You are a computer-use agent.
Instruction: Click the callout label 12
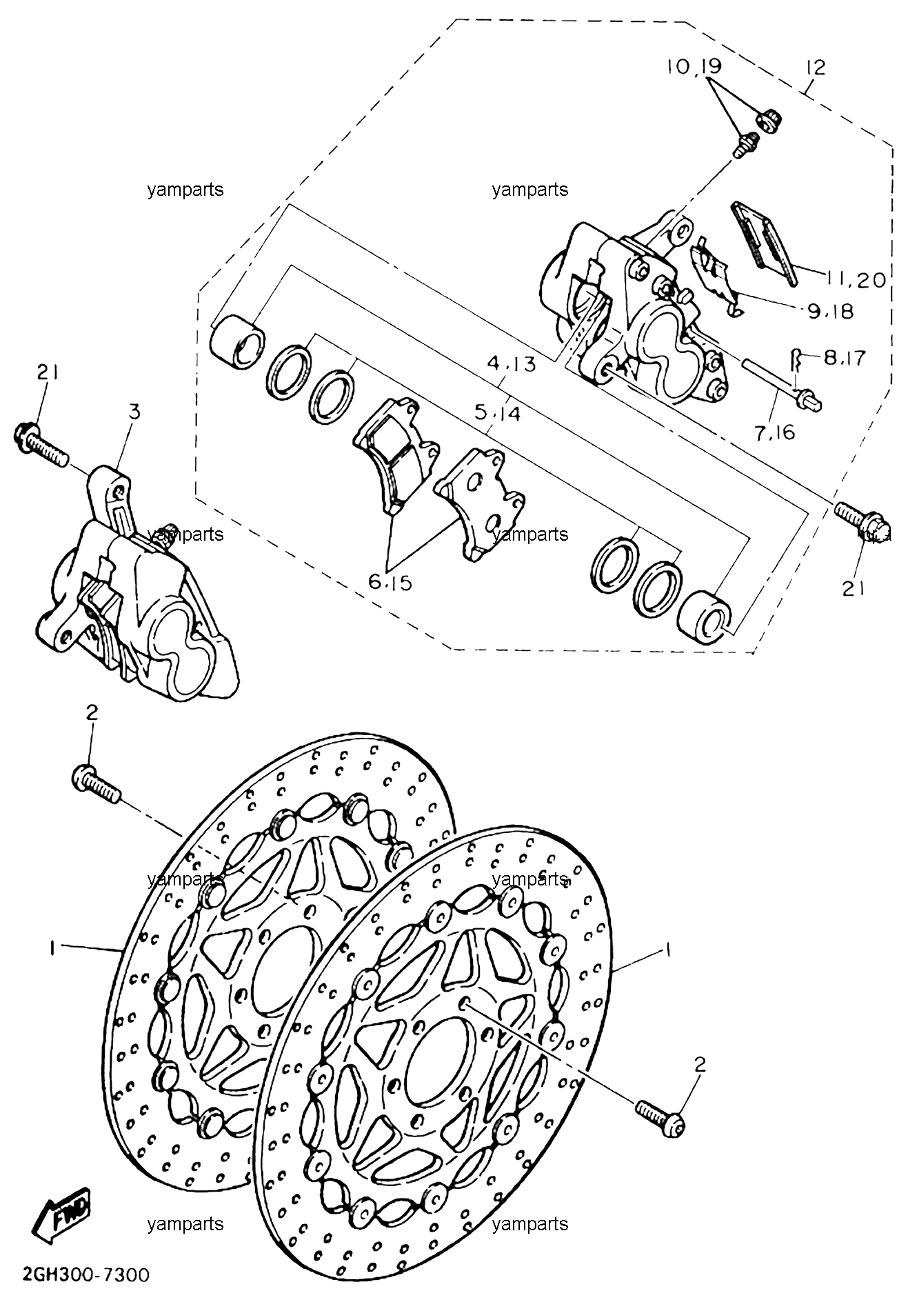[x=814, y=68]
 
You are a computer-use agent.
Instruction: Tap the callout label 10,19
[x=694, y=67]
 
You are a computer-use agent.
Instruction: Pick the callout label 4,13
[x=512, y=364]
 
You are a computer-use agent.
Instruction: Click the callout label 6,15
[x=390, y=583]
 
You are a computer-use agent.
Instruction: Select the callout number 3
[x=134, y=412]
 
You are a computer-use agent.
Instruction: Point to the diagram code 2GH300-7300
[x=75, y=1275]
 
